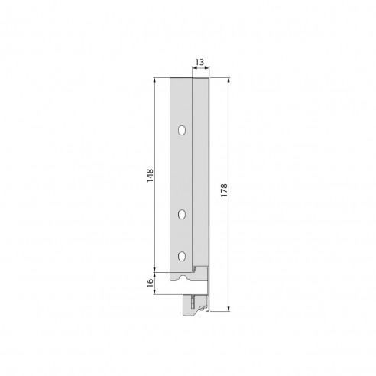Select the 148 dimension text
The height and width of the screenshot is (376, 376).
pyautogui.click(x=151, y=175)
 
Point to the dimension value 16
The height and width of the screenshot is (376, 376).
pyautogui.click(x=151, y=283)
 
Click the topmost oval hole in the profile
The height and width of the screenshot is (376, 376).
pyautogui.click(x=182, y=131)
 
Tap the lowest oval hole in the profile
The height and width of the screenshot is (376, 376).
pyautogui.click(x=182, y=256)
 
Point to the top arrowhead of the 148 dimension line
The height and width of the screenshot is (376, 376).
pyautogui.click(x=156, y=79)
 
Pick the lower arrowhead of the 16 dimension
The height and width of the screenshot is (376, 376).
pyautogui.click(x=156, y=293)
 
